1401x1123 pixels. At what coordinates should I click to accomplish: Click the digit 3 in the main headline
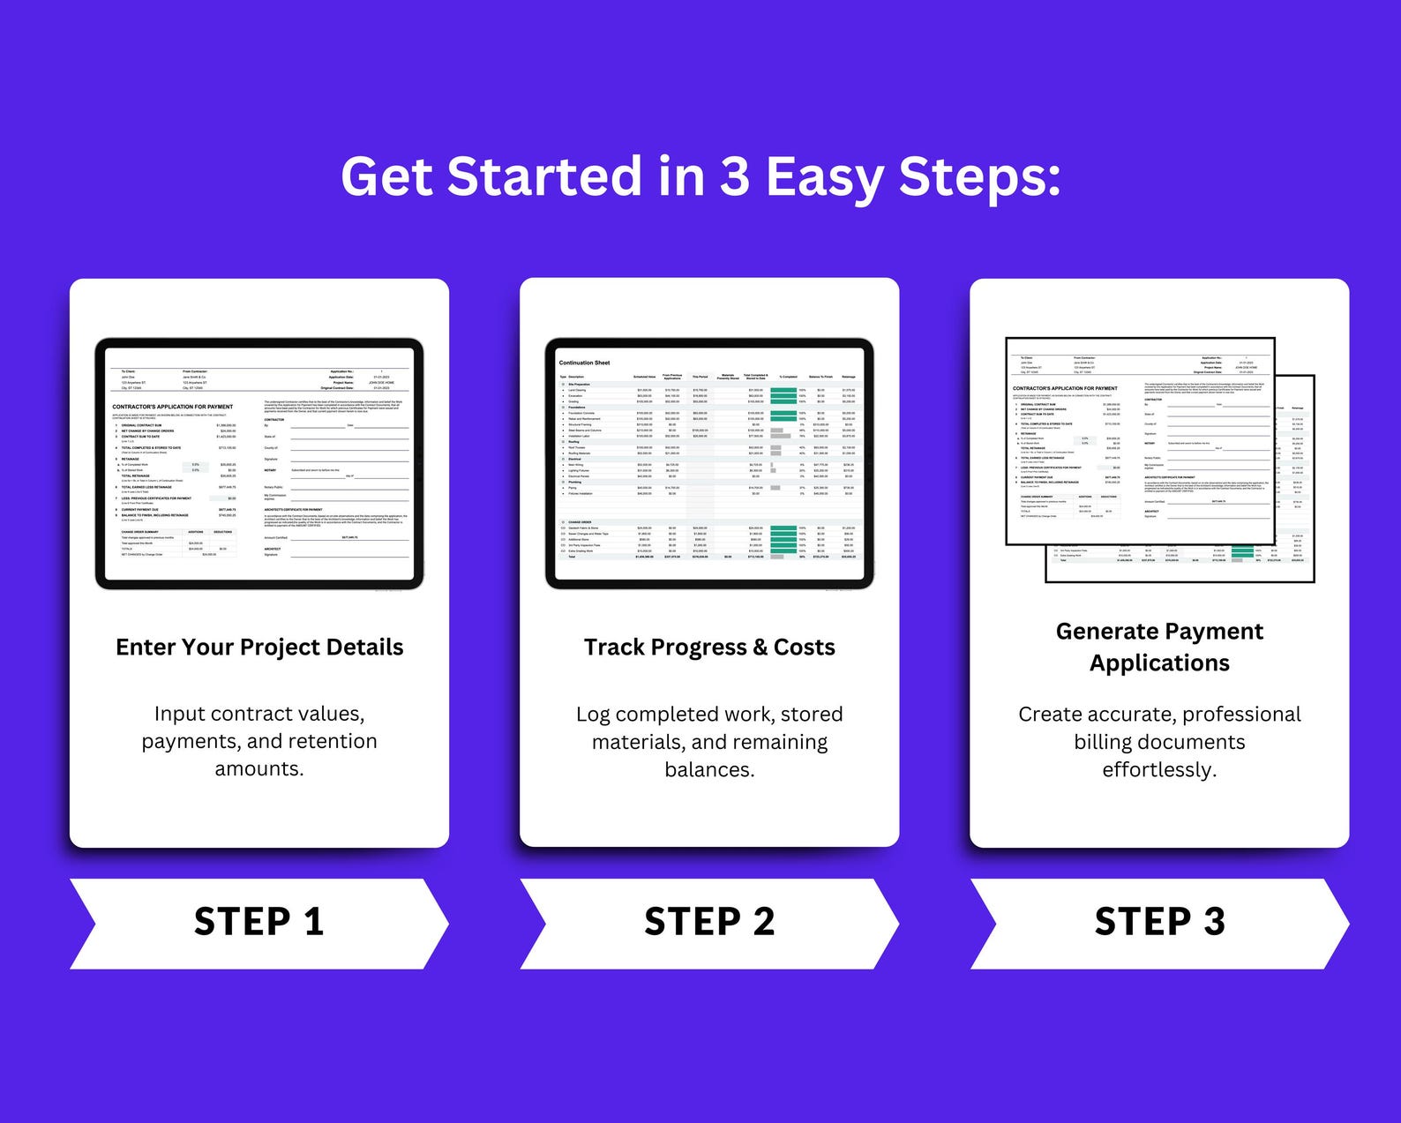click(734, 176)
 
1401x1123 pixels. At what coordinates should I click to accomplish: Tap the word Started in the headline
click(546, 176)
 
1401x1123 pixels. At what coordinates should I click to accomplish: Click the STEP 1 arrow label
click(259, 922)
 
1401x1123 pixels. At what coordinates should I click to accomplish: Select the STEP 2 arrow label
click(709, 922)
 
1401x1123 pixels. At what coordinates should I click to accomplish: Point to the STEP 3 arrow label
click(1159, 922)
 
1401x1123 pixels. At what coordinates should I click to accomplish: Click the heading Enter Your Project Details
click(259, 648)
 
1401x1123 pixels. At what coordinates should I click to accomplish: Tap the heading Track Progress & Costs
click(709, 648)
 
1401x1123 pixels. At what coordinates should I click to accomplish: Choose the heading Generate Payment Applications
click(1159, 647)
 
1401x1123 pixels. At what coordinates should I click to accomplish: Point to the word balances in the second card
click(709, 769)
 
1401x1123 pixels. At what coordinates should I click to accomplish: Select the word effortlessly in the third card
click(1159, 769)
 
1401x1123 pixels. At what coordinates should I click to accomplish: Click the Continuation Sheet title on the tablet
click(584, 363)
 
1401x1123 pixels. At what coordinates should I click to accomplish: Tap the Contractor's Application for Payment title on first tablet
click(173, 407)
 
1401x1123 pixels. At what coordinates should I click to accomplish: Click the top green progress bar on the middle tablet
click(783, 390)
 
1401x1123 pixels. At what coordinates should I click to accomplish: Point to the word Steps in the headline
click(978, 176)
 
